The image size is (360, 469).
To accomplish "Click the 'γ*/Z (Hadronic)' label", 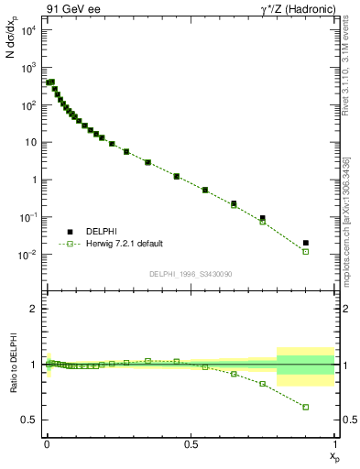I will tap(290, 8).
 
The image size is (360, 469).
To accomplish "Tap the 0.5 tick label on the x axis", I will tap(191, 445).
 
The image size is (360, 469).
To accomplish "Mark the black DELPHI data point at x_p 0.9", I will tap(306, 243).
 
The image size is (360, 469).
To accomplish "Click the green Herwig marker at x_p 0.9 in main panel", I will tap(306, 251).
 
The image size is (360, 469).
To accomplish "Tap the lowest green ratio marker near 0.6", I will tap(306, 407).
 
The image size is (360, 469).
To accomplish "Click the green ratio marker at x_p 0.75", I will tap(263, 384).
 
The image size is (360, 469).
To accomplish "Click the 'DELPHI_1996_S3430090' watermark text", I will tap(191, 274).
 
